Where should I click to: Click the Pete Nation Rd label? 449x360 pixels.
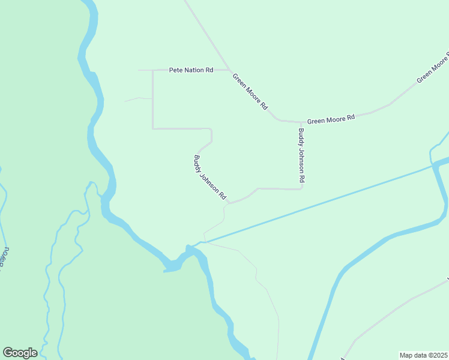(191, 70)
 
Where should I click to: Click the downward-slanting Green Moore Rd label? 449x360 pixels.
(250, 91)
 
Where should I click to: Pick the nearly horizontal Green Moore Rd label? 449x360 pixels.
(331, 119)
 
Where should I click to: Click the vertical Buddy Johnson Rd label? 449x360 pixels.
(302, 155)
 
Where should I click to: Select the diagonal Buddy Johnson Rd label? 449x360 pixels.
(209, 178)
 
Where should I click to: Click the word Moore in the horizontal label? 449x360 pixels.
(335, 119)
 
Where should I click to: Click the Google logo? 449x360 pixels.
(20, 353)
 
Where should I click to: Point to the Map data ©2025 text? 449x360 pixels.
(423, 355)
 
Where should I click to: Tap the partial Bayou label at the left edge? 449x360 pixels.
(5, 255)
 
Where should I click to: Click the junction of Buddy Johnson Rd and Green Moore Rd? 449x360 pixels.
(301, 122)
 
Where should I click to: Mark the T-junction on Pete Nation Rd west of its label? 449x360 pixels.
(153, 70)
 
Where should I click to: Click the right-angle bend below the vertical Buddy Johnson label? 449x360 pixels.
(301, 188)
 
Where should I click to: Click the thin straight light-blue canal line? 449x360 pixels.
(324, 201)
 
